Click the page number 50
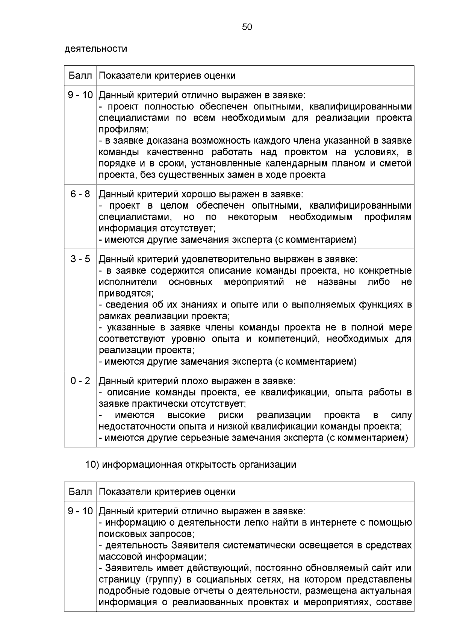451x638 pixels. point(247,27)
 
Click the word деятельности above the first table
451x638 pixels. point(96,48)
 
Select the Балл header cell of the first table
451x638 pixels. point(80,76)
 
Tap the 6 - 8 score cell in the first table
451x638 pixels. point(80,194)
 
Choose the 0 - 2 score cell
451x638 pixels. point(80,381)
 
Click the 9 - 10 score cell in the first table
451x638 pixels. point(80,95)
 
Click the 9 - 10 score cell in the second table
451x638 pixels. point(80,511)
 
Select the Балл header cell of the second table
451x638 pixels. point(80,491)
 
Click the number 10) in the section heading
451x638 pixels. point(92,465)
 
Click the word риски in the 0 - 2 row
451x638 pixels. point(231,415)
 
